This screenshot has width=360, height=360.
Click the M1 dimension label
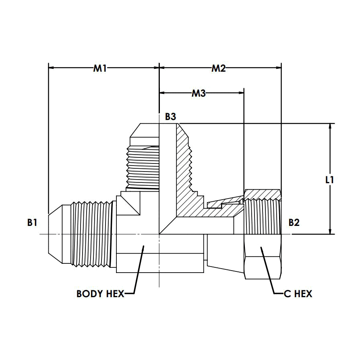100,68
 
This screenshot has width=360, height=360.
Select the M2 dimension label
219,68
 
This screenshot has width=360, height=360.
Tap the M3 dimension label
199,93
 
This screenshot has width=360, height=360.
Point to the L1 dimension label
330,180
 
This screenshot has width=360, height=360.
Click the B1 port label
33,222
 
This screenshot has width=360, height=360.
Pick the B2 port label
294,222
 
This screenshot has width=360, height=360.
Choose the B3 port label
170,117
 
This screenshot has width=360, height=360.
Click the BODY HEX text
100,294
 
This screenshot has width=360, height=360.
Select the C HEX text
298,294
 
